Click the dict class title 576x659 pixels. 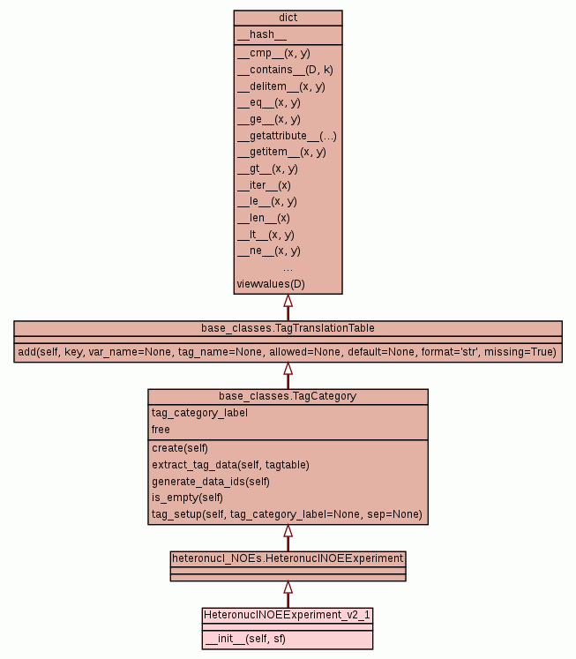(x=288, y=18)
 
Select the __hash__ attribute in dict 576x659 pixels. (x=262, y=34)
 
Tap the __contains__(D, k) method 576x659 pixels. (x=285, y=70)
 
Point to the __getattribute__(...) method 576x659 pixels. (x=287, y=136)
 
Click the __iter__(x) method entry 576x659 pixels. (x=264, y=185)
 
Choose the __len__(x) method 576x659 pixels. (x=263, y=218)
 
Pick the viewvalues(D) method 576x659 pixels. (x=271, y=284)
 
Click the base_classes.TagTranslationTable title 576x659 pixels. (x=288, y=328)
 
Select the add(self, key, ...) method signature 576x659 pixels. (x=288, y=352)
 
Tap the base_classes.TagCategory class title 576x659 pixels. (x=288, y=396)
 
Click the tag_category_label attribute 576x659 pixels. (x=199, y=413)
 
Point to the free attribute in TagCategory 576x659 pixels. (x=161, y=430)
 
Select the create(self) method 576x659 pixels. (x=180, y=448)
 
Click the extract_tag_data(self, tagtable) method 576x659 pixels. (x=230, y=464)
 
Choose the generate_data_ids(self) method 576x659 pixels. (x=211, y=481)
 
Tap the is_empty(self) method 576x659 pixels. (x=188, y=498)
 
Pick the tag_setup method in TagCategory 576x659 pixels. (x=287, y=514)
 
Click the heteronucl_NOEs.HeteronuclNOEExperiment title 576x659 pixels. (x=288, y=558)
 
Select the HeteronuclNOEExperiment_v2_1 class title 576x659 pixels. (x=288, y=614)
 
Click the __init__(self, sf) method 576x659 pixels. (x=245, y=639)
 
